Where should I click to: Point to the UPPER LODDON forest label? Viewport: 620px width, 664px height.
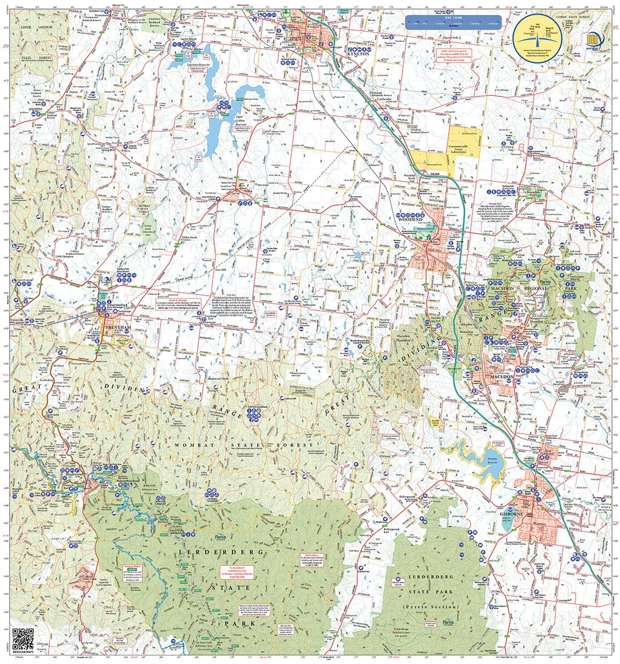[31, 26]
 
